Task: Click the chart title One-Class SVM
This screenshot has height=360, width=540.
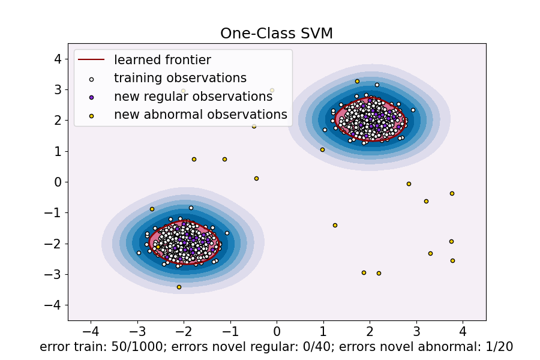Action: pyautogui.click(x=277, y=34)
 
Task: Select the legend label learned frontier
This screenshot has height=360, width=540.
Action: pyautogui.click(x=163, y=59)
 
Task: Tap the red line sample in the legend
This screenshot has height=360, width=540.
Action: pyautogui.click(x=91, y=59)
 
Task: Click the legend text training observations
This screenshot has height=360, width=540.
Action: pyautogui.click(x=180, y=78)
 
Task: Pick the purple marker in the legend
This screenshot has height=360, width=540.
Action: pyautogui.click(x=91, y=97)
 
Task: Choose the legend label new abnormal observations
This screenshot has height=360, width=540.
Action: pyautogui.click(x=200, y=115)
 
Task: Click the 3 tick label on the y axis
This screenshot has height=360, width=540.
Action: pyautogui.click(x=58, y=89)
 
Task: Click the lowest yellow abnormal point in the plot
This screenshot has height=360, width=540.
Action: pyautogui.click(x=179, y=287)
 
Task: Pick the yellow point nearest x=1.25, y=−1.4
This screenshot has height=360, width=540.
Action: pyautogui.click(x=335, y=225)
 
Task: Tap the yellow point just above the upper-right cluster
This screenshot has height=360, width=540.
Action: pyautogui.click(x=357, y=81)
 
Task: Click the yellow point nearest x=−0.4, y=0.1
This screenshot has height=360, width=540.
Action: pyautogui.click(x=256, y=178)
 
